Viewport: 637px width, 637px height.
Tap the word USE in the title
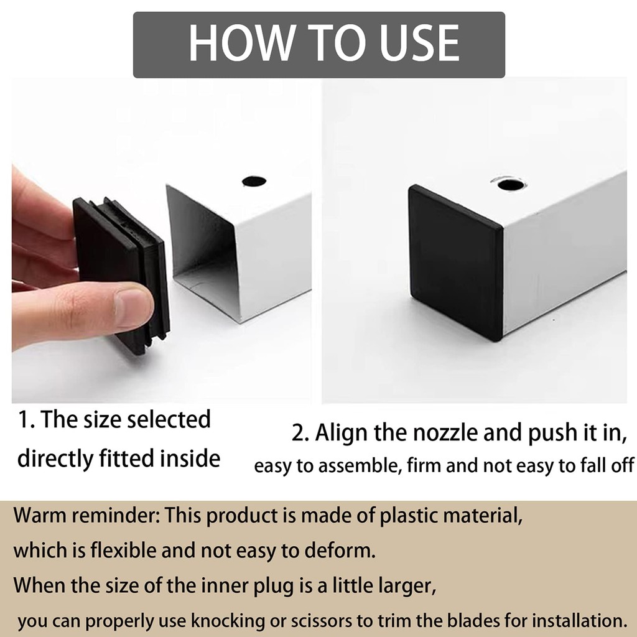tap(414, 44)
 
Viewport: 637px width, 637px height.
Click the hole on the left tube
tap(253, 182)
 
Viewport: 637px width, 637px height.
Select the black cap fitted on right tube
tap(455, 261)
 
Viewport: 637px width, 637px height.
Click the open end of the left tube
tap(202, 249)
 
